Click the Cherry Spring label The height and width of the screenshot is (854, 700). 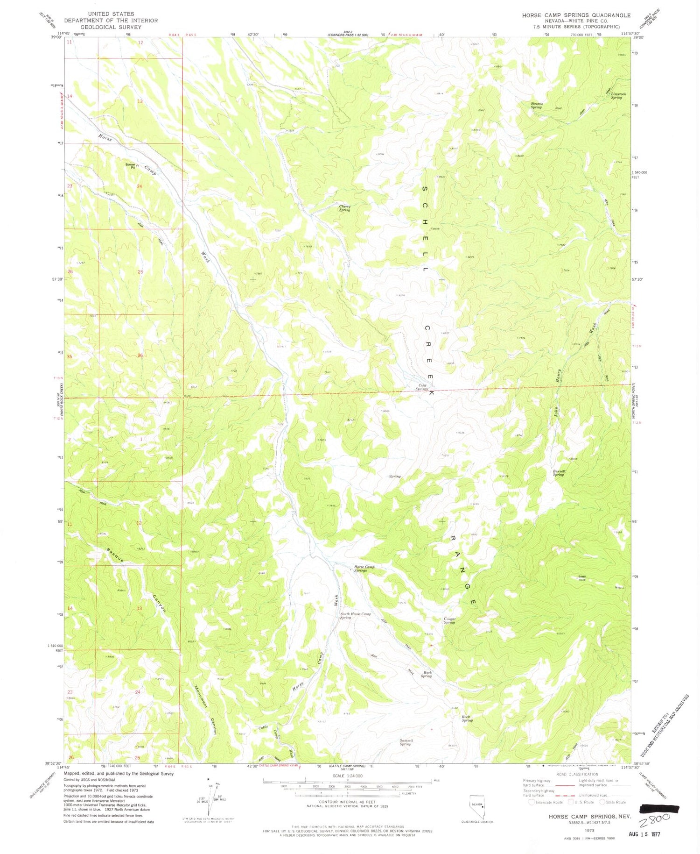pyautogui.click(x=344, y=208)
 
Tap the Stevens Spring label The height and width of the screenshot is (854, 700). pyautogui.click(x=536, y=105)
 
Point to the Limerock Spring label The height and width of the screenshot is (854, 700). pyautogui.click(x=616, y=95)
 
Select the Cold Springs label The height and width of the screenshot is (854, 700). pyautogui.click(x=422, y=387)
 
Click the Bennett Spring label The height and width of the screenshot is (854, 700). pyautogui.click(x=559, y=473)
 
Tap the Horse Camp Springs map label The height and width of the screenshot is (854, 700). pyautogui.click(x=364, y=569)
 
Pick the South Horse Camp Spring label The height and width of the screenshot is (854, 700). pyautogui.click(x=356, y=616)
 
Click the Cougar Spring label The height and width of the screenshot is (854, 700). pyautogui.click(x=449, y=620)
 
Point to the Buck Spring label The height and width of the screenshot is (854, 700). pyautogui.click(x=427, y=674)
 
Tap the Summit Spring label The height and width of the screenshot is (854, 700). pyautogui.click(x=405, y=742)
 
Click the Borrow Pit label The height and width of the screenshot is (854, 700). pyautogui.click(x=130, y=165)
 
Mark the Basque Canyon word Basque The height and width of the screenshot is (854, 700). pyautogui.click(x=114, y=555)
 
